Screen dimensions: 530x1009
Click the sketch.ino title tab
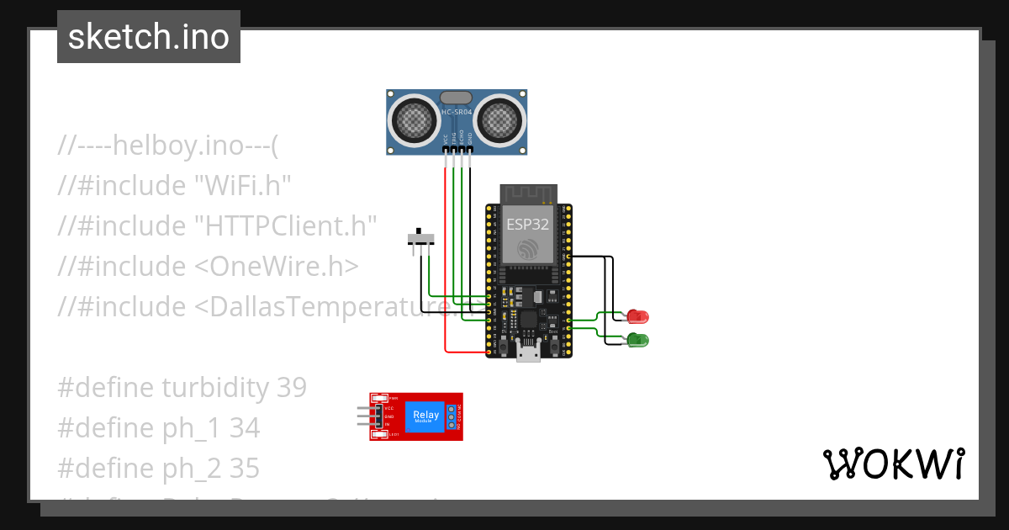point(148,37)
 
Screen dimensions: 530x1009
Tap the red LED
point(637,317)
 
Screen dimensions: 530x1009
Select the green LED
point(637,340)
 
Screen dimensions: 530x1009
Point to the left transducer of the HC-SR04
point(414,120)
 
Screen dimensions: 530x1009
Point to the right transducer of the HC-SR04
point(499,120)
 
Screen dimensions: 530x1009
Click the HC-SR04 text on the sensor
point(457,112)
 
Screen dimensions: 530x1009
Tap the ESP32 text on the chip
point(528,224)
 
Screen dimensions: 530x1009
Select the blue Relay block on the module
point(425,416)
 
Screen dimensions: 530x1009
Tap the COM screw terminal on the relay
point(452,416)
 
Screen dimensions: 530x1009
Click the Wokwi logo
point(893,464)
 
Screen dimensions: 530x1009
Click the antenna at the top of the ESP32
point(528,193)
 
